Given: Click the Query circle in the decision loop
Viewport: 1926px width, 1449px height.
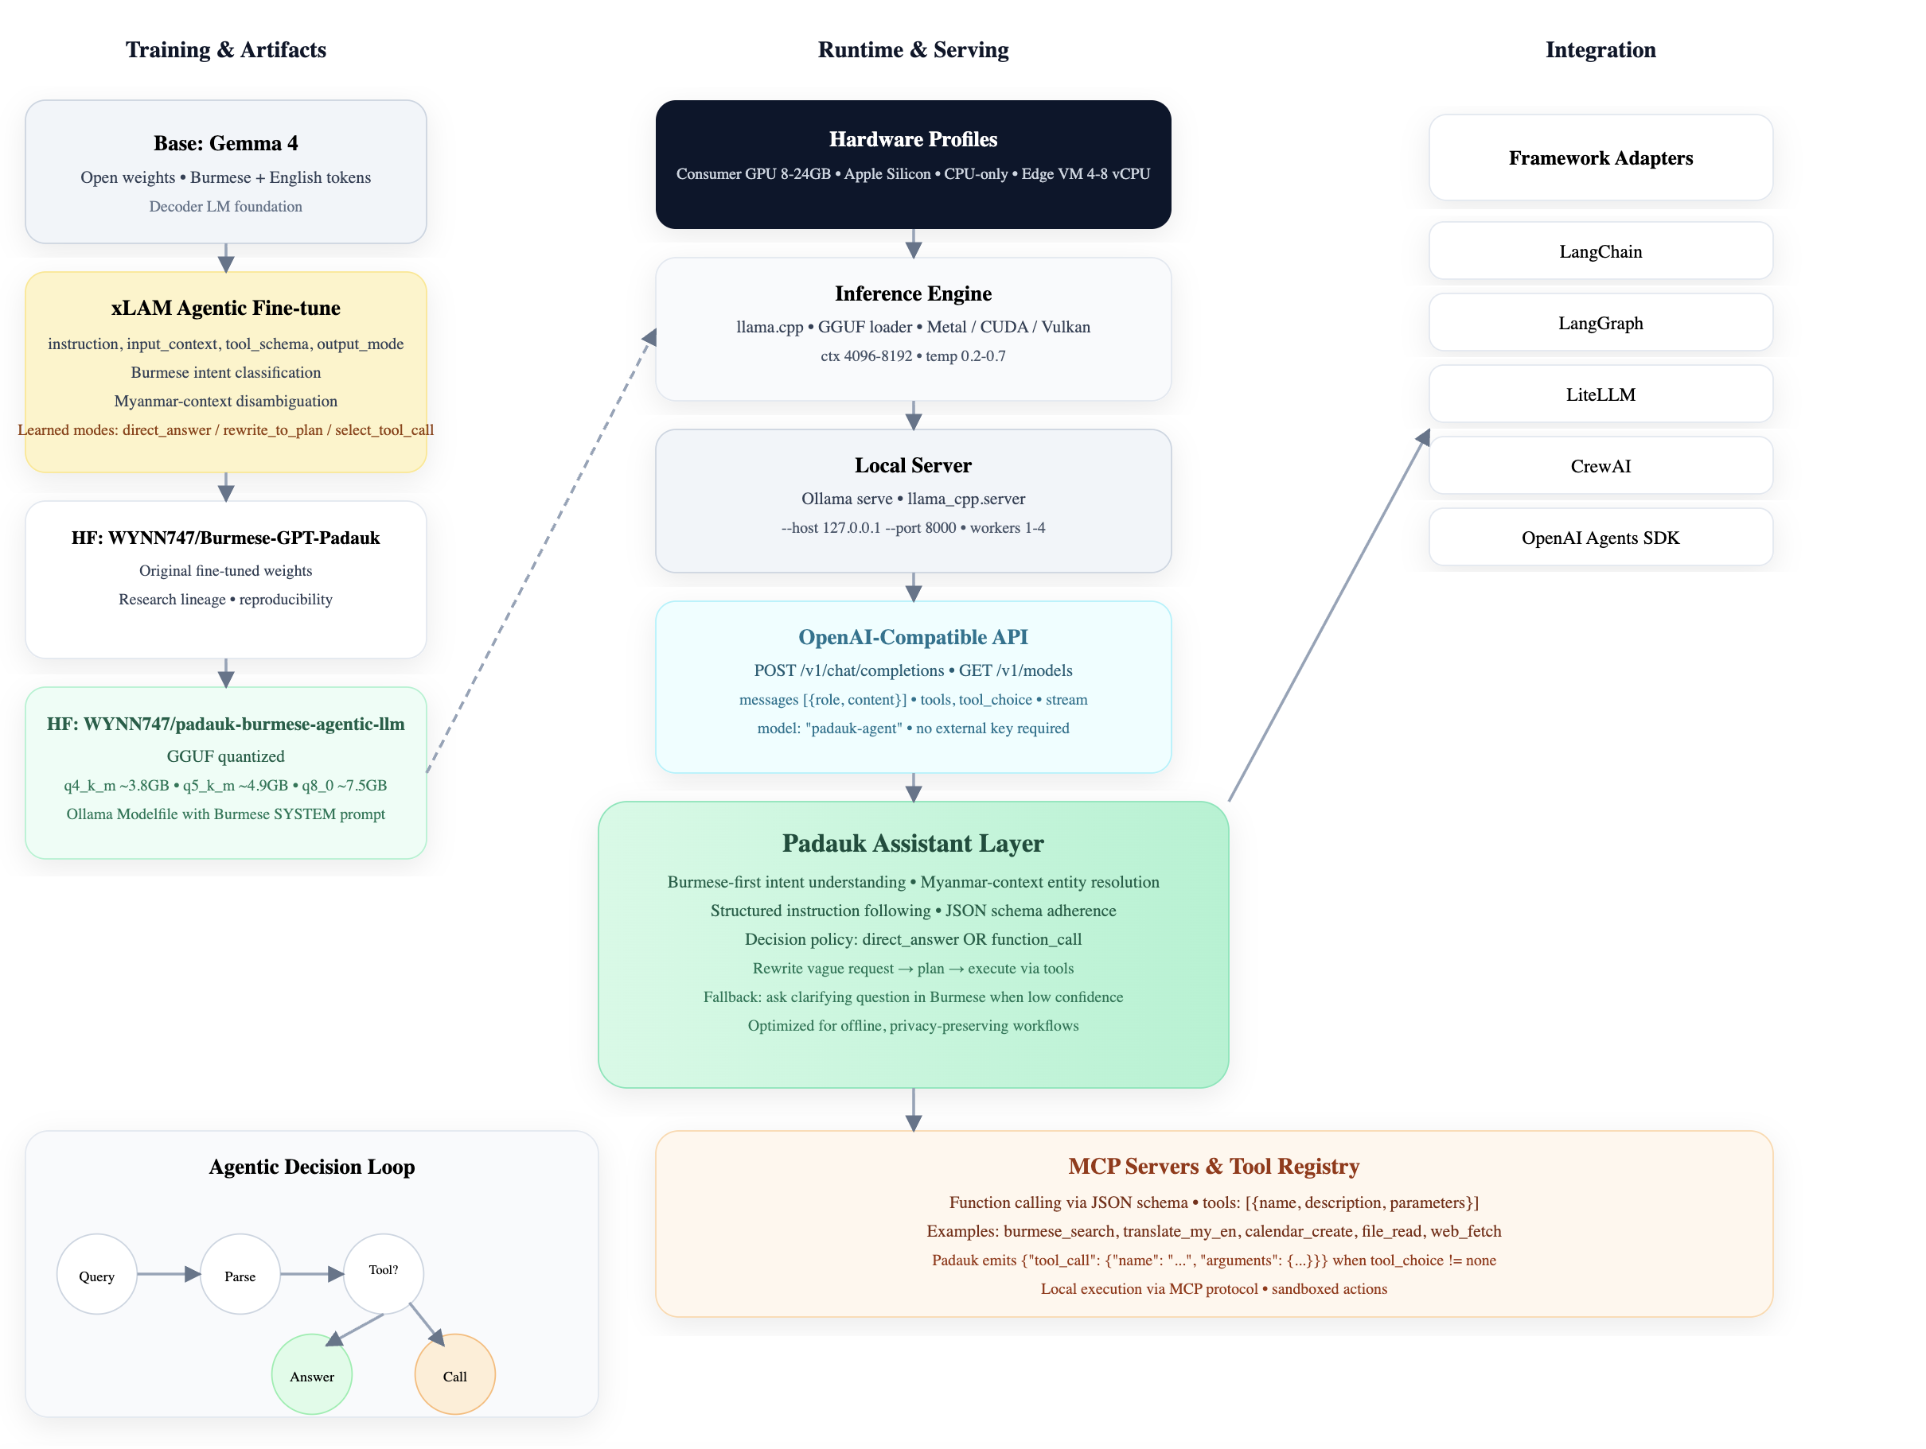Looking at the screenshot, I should (x=96, y=1274).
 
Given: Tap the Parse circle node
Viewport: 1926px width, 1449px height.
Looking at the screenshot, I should (x=240, y=1274).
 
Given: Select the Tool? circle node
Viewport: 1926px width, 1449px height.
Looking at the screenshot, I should (x=383, y=1272).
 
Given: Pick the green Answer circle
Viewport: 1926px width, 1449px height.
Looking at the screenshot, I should (x=312, y=1374).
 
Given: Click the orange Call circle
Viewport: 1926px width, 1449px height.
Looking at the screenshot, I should (x=454, y=1374).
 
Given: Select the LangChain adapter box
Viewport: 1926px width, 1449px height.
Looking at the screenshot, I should (x=1600, y=251).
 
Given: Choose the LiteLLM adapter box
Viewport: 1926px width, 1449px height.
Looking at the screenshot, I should (x=1600, y=394).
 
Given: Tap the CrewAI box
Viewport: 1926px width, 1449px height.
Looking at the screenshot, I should (x=1600, y=464).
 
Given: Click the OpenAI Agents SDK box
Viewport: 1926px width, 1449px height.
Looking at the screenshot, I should (x=1600, y=537).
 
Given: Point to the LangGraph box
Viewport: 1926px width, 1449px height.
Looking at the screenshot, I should (x=1600, y=322).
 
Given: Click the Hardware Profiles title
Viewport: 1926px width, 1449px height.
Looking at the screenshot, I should (x=913, y=138).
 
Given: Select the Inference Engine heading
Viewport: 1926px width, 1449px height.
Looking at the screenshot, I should (x=913, y=293).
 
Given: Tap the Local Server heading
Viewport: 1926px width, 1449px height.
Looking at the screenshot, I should (x=913, y=464).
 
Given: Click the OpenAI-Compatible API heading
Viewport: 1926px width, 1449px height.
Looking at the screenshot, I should (x=913, y=636).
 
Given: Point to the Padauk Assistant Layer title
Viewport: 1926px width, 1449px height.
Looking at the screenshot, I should (x=913, y=841).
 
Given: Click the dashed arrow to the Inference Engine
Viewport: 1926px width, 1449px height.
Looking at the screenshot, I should (x=540, y=553).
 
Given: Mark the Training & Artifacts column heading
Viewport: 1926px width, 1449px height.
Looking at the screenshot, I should (x=225, y=49).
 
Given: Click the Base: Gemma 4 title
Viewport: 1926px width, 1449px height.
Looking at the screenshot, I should (x=225, y=142).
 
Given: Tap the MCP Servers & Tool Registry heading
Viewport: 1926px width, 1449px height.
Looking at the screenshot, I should (x=1213, y=1165).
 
